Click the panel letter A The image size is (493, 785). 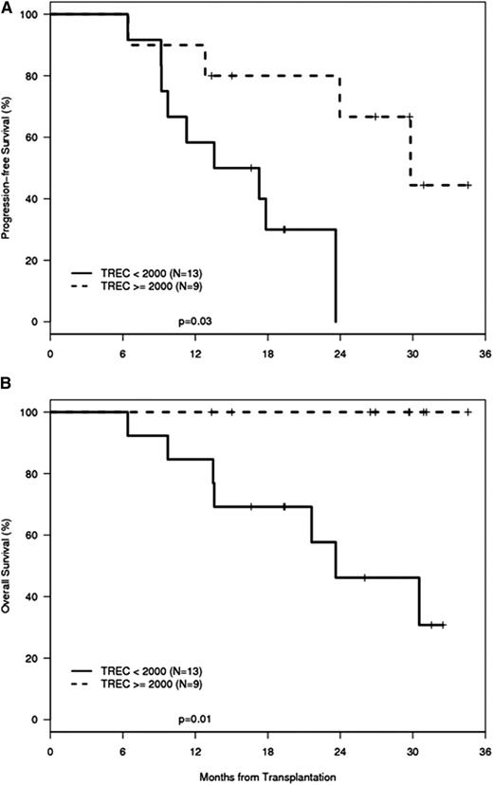7,7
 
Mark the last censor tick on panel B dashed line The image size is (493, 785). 467,412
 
